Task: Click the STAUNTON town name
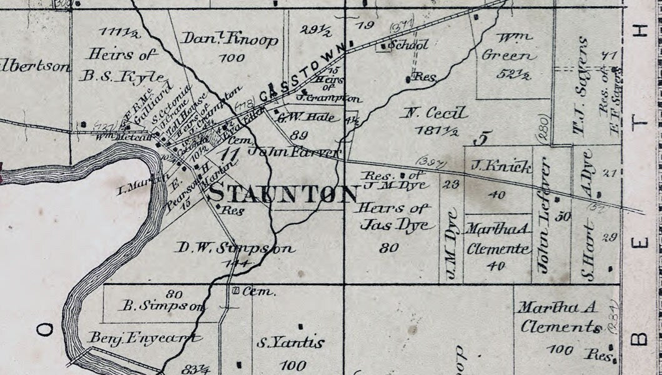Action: (x=283, y=194)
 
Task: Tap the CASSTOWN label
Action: (x=302, y=71)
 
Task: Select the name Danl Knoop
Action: (x=230, y=39)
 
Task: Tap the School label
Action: (x=408, y=45)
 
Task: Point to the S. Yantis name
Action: (x=290, y=342)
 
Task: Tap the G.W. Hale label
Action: (x=299, y=116)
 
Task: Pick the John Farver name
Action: (x=294, y=151)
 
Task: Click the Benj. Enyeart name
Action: (x=145, y=338)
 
